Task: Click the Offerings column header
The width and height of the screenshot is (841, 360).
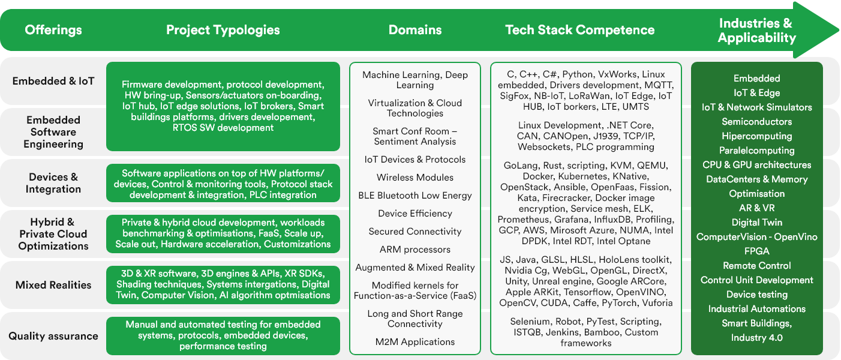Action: point(53,30)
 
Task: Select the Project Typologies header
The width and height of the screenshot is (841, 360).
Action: point(223,30)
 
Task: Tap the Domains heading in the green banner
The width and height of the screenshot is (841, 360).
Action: point(415,30)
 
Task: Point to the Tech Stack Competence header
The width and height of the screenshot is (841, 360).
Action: point(580,30)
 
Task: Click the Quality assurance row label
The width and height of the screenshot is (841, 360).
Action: point(53,336)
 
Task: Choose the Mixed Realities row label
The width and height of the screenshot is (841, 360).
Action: point(53,285)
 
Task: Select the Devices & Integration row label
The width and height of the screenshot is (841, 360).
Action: point(53,183)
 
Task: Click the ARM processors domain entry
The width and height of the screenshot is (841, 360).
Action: point(415,250)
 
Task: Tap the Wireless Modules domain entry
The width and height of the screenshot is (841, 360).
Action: point(415,178)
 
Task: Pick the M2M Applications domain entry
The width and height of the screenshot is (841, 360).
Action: point(415,342)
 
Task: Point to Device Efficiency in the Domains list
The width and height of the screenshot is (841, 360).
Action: point(415,214)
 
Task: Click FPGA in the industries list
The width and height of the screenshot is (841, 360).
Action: point(757,251)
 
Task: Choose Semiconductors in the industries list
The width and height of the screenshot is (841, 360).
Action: point(757,122)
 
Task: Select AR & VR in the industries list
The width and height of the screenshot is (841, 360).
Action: point(757,208)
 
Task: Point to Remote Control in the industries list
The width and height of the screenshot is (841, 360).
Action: point(757,266)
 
